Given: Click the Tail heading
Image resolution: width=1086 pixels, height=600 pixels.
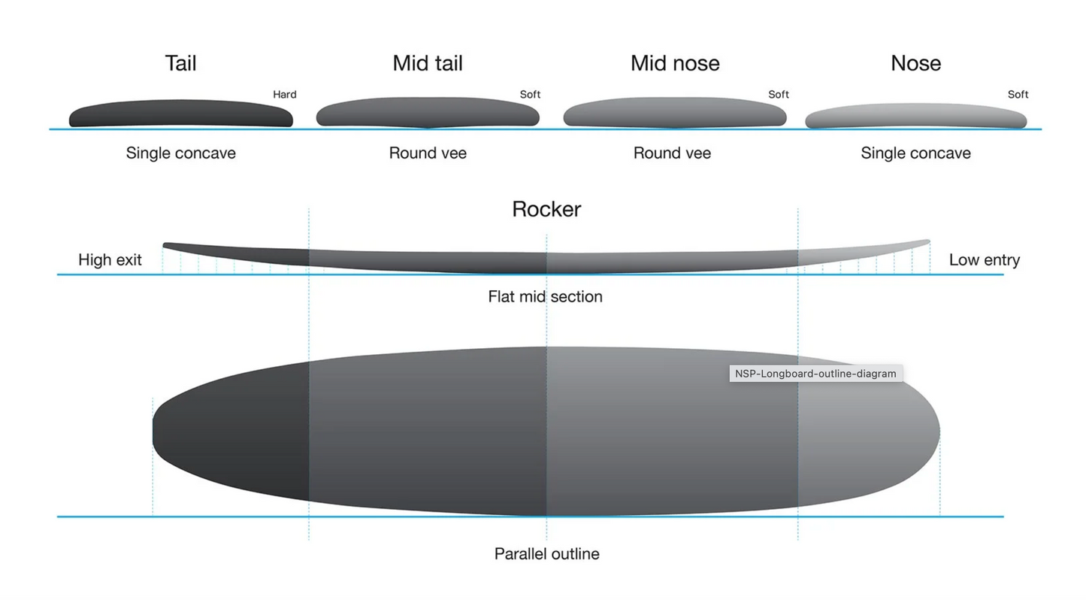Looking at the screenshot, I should point(180,63).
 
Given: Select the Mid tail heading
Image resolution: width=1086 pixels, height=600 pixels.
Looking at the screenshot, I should point(427,63).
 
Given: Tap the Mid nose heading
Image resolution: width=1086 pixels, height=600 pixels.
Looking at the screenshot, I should point(675,63).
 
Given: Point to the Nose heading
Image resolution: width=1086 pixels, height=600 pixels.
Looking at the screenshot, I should point(915,63).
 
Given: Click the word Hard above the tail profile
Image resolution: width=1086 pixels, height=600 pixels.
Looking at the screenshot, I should point(284,95).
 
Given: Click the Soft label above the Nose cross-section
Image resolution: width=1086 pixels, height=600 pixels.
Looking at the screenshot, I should point(1018,95).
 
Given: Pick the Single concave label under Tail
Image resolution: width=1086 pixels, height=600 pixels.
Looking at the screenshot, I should point(180,153).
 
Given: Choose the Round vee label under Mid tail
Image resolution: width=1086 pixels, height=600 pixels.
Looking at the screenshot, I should point(428,153).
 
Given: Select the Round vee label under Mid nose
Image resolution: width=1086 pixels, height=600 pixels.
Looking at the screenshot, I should point(672,153).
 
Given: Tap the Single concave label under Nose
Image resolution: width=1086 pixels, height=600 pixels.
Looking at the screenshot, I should point(915,153).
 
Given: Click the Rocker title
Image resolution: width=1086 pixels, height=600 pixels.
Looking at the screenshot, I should point(546,209).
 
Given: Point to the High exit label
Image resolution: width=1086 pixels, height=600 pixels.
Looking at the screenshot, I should point(110,260).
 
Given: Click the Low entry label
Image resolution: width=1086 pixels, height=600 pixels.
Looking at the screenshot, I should point(984,260).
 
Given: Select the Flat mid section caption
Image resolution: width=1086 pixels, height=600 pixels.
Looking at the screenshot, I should point(545,297).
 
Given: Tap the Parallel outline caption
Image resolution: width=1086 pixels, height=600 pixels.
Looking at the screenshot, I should point(546,554).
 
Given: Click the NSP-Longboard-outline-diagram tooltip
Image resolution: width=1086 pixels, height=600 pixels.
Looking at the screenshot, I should point(815,374).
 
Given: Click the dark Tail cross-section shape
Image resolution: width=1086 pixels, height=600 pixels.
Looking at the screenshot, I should point(180,114).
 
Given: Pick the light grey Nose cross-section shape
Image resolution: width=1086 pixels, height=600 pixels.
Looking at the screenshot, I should point(915,117).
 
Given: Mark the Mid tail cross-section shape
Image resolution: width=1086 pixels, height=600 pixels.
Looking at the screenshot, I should point(427,113).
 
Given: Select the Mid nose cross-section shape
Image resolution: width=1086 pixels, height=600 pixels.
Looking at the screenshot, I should point(674,113).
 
